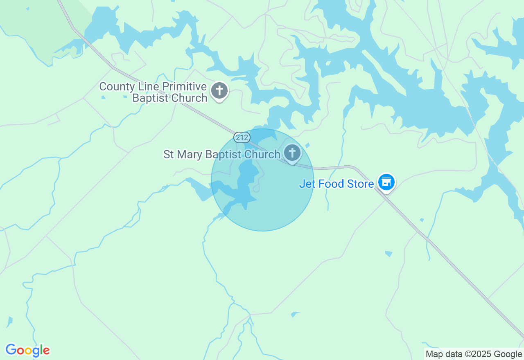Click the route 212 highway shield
(x=242, y=137)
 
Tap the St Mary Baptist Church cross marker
(x=292, y=153)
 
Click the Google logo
(x=27, y=350)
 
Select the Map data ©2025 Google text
(x=474, y=354)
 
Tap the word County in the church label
(x=117, y=87)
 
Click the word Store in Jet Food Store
(x=360, y=184)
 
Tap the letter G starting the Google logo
(x=11, y=350)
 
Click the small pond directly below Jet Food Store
(x=388, y=254)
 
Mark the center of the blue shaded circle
(x=262, y=180)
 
